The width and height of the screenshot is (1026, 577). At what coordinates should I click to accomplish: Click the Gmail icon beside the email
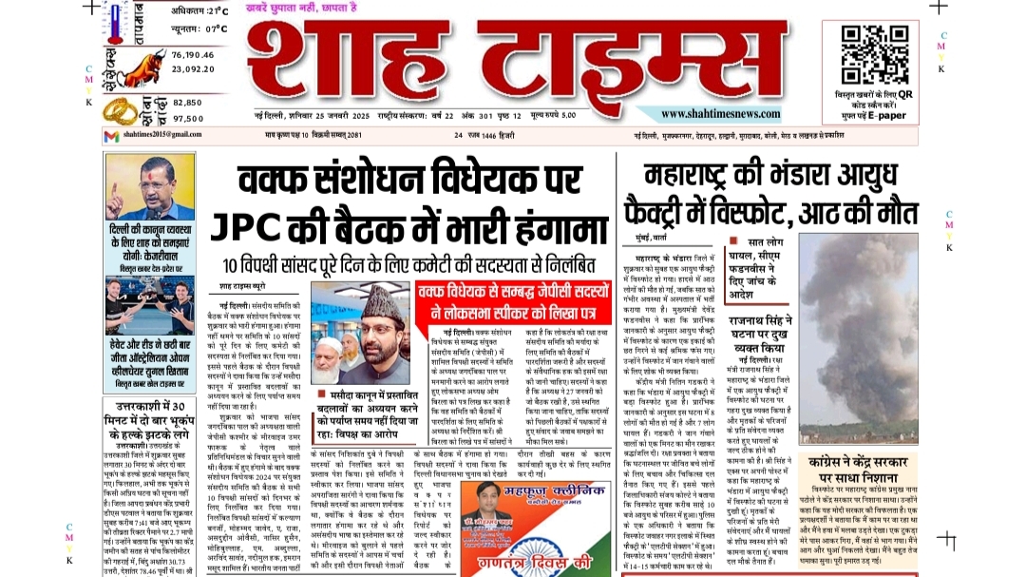tap(111, 136)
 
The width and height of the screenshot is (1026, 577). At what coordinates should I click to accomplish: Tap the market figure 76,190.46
tap(193, 55)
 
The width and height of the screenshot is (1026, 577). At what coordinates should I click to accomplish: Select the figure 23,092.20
tap(193, 68)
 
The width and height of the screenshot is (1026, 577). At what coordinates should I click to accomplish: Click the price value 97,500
tap(188, 118)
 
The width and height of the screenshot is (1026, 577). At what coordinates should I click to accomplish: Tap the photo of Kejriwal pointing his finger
tap(136, 187)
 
